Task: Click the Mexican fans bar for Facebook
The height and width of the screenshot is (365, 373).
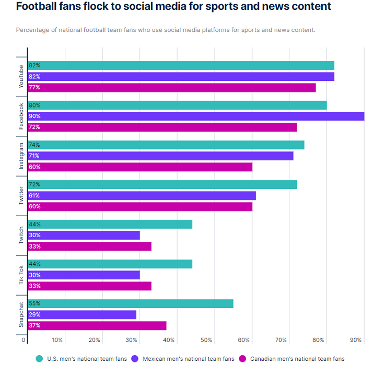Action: click(x=196, y=116)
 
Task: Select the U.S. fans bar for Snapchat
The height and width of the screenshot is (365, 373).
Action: click(x=131, y=303)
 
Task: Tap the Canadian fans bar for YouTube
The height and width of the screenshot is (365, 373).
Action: click(x=172, y=88)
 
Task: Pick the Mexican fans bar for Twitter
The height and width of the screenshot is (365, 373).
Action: click(x=142, y=195)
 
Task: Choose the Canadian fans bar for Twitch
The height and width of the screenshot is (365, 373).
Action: click(x=89, y=246)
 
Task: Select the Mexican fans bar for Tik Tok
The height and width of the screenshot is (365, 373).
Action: click(x=84, y=275)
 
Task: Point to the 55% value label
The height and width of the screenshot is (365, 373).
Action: click(x=34, y=303)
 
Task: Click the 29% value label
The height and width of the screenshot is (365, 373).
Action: click(x=34, y=315)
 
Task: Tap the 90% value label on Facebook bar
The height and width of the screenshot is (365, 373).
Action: click(x=34, y=116)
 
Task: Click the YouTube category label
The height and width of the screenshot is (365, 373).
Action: click(x=21, y=77)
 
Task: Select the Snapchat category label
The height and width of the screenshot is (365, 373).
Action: click(x=21, y=314)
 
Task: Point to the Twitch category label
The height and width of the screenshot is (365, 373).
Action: click(x=21, y=235)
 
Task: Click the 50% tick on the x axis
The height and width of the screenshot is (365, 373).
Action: click(x=206, y=340)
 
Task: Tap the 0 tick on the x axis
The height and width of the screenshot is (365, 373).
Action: click(x=24, y=340)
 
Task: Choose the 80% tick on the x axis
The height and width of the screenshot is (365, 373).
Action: click(x=318, y=340)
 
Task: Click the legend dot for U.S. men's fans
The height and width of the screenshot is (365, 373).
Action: click(x=39, y=359)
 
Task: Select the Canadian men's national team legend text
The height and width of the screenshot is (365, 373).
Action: click(x=297, y=359)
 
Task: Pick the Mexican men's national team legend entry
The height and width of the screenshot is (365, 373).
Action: click(x=183, y=359)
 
